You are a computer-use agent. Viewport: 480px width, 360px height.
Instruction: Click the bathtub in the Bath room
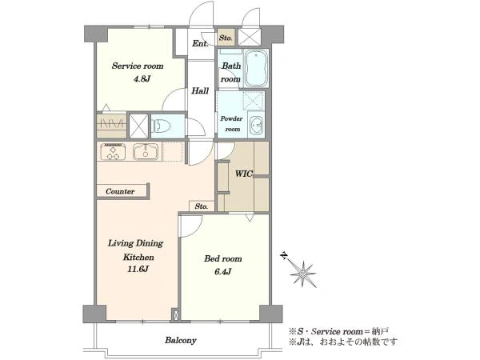tap(257, 68)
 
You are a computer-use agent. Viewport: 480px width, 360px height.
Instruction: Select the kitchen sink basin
tap(146, 151)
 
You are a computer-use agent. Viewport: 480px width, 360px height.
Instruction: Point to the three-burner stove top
tap(113, 152)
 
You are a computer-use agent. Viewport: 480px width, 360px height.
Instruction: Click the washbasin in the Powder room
tap(257, 126)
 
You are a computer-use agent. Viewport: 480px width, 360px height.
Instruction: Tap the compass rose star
tap(302, 274)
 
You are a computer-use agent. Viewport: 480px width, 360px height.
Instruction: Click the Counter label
tap(120, 192)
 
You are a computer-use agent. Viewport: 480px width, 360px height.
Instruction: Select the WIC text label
tap(243, 174)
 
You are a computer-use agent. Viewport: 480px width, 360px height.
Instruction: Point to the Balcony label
tap(181, 340)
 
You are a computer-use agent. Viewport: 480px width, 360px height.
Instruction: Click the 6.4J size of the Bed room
tap(222, 271)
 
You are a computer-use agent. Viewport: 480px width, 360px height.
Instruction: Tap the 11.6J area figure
tap(138, 270)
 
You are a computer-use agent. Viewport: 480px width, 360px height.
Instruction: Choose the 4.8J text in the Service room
tap(142, 79)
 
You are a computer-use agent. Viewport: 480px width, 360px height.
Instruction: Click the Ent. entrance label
tap(200, 43)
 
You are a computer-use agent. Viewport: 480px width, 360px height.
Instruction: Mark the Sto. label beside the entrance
tap(226, 38)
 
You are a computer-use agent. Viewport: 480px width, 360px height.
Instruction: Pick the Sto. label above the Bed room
tap(202, 206)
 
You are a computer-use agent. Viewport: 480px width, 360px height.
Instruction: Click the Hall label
tap(200, 91)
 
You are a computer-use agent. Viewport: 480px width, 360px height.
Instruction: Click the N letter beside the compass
tap(285, 255)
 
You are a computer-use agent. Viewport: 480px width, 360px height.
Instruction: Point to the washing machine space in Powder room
tap(253, 101)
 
